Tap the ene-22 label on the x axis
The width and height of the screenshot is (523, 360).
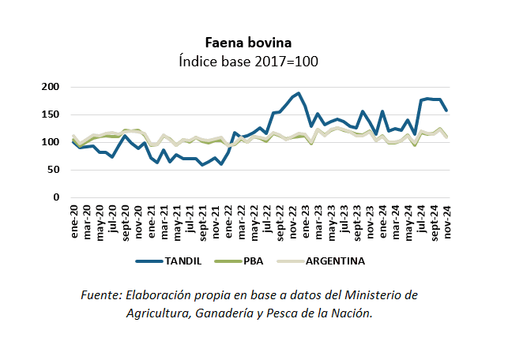point(230,221)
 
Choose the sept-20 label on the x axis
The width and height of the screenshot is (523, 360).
point(126,223)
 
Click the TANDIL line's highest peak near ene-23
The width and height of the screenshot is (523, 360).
point(299,93)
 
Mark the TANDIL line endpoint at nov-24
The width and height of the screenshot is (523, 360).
point(448,111)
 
